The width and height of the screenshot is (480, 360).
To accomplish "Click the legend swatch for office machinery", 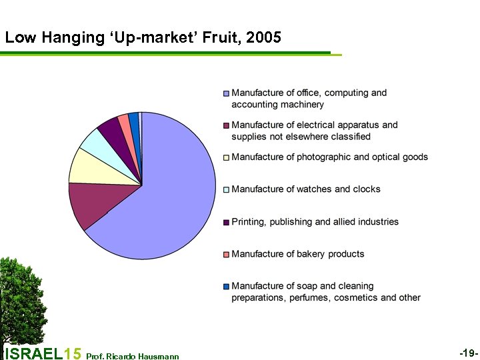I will point(227,93).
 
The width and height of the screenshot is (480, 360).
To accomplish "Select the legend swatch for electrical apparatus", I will point(227,125).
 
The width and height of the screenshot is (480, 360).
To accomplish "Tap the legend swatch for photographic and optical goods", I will point(227,157).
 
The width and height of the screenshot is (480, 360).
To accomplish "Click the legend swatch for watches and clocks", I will point(227,189).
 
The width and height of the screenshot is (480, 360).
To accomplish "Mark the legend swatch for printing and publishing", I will point(227,222).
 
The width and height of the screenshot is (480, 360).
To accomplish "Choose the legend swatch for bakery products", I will point(227,254).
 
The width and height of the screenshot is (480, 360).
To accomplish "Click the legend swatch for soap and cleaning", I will point(227,287).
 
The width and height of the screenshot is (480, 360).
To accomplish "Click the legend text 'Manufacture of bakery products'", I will point(297,254).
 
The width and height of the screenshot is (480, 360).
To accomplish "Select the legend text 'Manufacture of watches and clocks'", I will point(305,189).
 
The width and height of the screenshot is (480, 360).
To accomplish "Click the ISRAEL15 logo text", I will point(43,353).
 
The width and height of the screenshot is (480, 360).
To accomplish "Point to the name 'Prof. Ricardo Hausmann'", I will point(133,356).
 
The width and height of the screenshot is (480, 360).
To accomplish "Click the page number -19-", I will point(468,351).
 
